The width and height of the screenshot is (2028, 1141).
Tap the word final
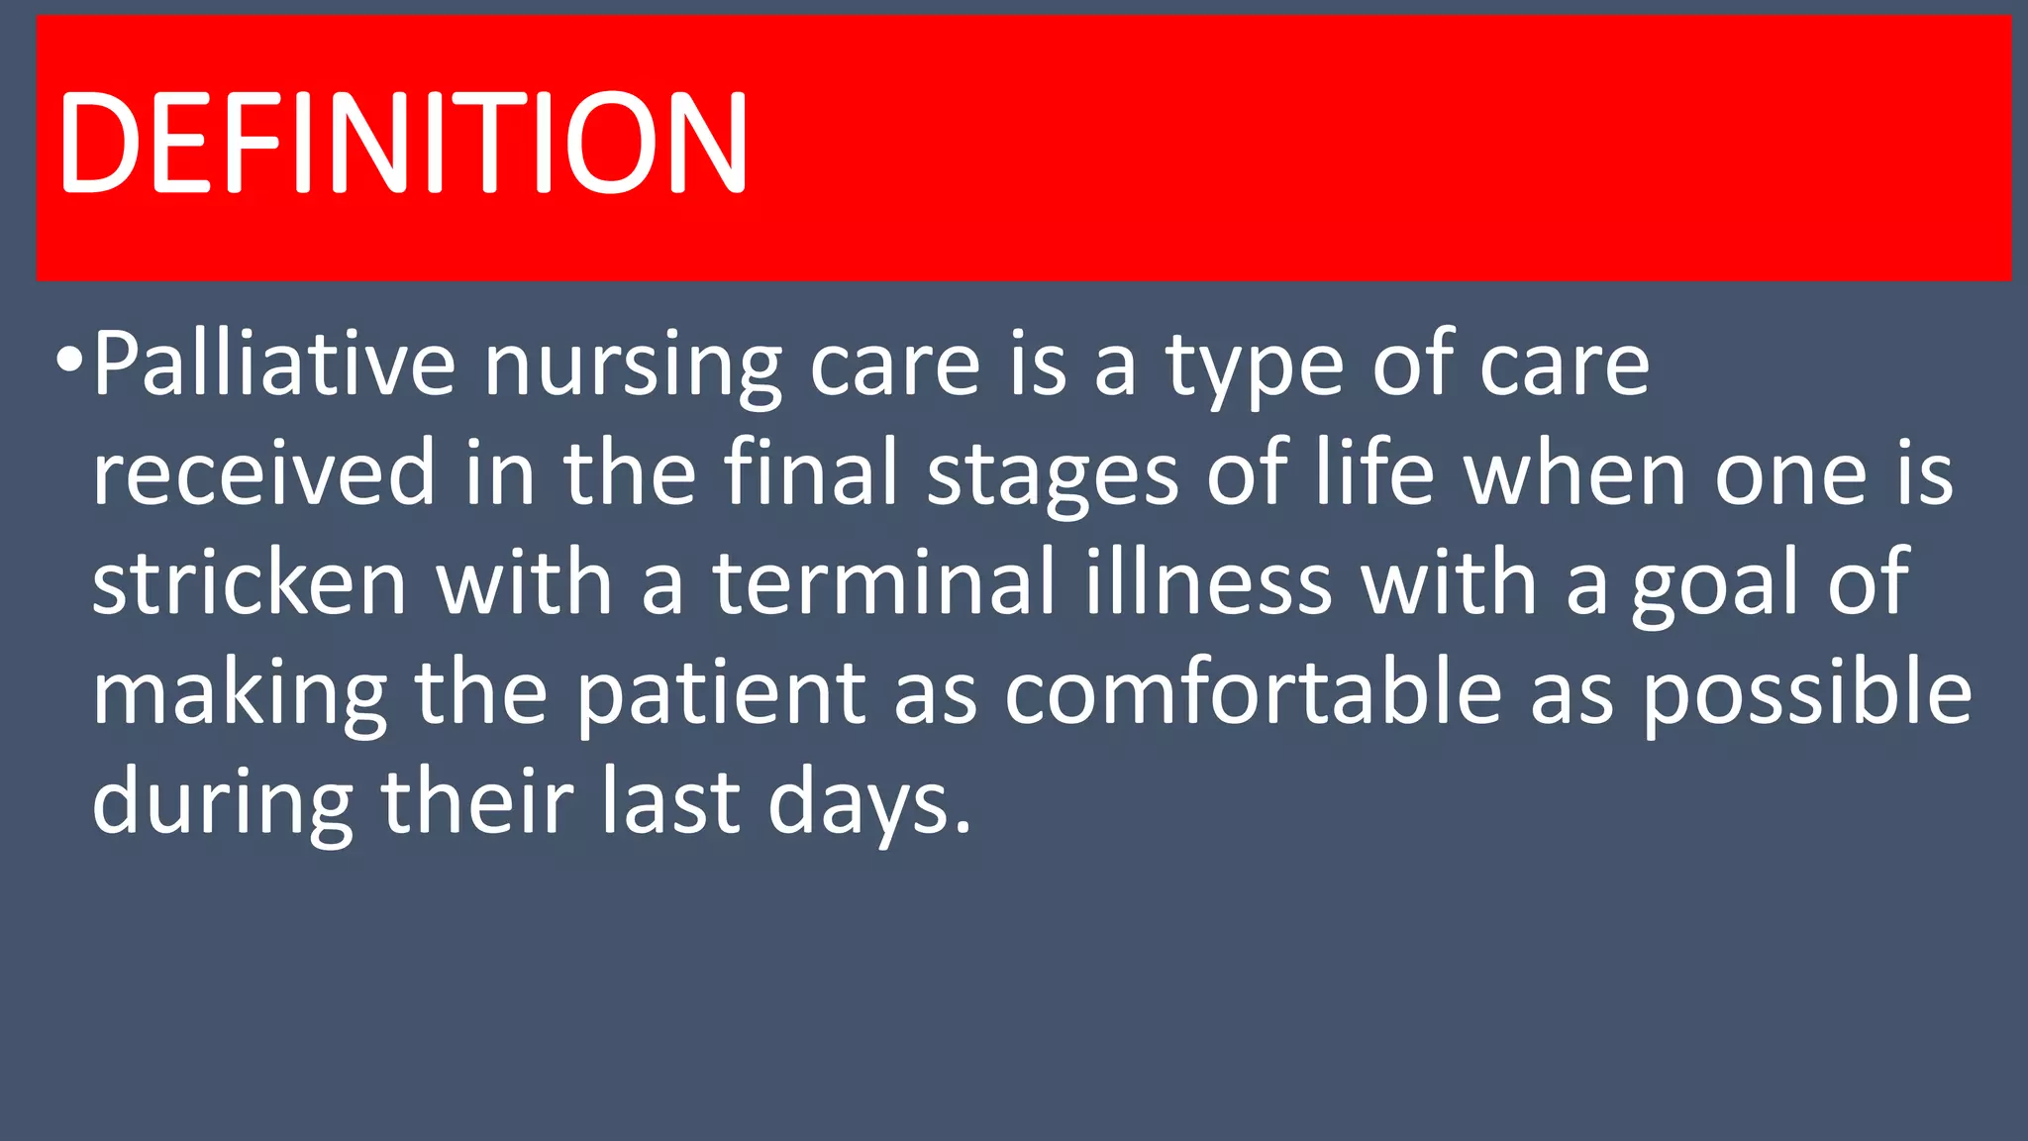click(x=811, y=473)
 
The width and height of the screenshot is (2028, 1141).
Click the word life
click(x=1374, y=473)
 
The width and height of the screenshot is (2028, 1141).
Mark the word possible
click(x=1807, y=695)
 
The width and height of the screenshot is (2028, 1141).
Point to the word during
click(x=223, y=804)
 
